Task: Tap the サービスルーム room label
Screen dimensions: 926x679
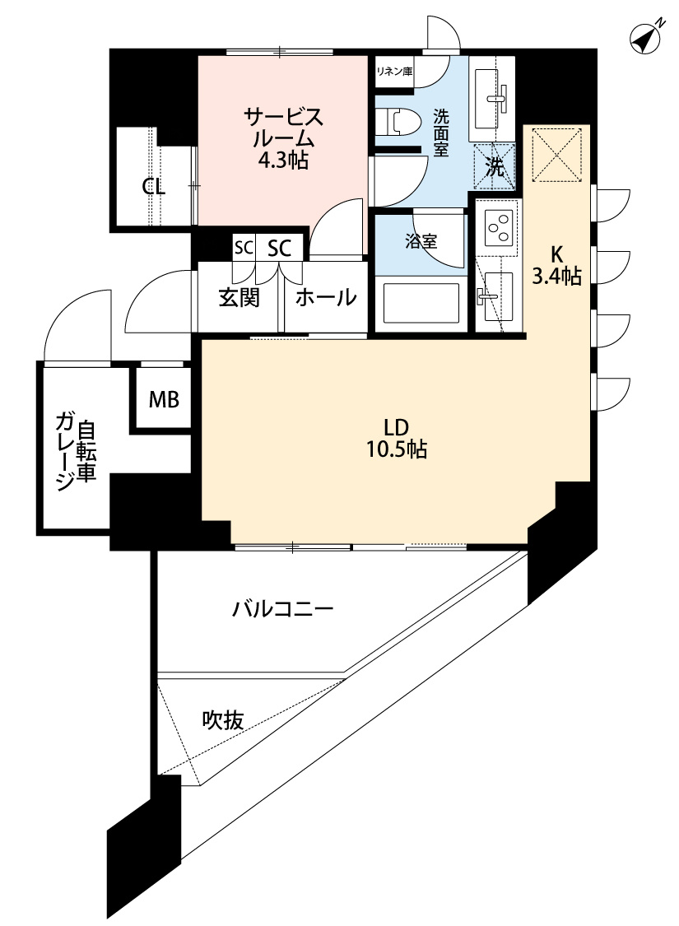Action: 282,137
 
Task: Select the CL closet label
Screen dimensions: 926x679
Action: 154,186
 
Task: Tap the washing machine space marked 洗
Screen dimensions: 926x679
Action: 494,167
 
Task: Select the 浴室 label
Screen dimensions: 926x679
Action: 421,241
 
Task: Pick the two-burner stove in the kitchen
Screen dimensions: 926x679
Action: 498,226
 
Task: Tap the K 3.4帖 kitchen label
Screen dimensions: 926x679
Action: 556,265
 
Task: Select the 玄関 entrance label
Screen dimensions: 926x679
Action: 239,297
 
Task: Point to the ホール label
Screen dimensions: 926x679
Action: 325,297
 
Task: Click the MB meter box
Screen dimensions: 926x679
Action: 163,400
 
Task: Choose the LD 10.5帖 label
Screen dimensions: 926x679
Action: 397,438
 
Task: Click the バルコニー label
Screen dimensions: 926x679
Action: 282,610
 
